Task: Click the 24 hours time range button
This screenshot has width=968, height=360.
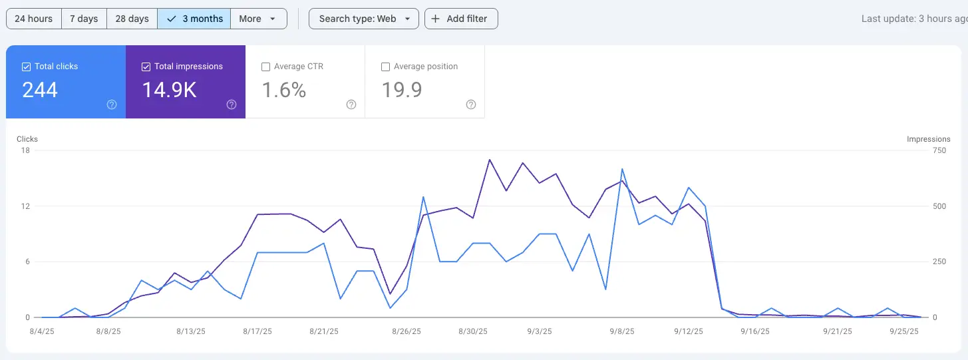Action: click(33, 19)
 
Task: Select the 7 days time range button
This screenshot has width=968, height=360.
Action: click(84, 19)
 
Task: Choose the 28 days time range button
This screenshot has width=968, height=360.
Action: click(132, 19)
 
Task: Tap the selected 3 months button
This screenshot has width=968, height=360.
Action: click(194, 19)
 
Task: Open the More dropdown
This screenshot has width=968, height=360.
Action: click(258, 19)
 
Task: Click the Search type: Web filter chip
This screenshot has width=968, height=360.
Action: click(363, 19)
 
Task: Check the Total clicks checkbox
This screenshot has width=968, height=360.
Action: click(27, 67)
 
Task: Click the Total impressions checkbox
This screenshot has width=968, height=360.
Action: click(146, 67)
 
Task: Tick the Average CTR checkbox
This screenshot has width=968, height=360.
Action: click(266, 67)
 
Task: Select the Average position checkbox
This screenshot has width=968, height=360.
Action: click(385, 67)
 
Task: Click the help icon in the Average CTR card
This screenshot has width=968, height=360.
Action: click(351, 104)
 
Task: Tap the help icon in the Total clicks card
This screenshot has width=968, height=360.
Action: click(112, 104)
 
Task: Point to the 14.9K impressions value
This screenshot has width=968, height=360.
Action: click(169, 90)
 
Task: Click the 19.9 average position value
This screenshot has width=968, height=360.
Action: click(401, 90)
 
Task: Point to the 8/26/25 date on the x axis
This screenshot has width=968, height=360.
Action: click(405, 331)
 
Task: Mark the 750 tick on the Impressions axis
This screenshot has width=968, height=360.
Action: click(939, 150)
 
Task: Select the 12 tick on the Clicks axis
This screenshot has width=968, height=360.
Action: click(25, 206)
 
